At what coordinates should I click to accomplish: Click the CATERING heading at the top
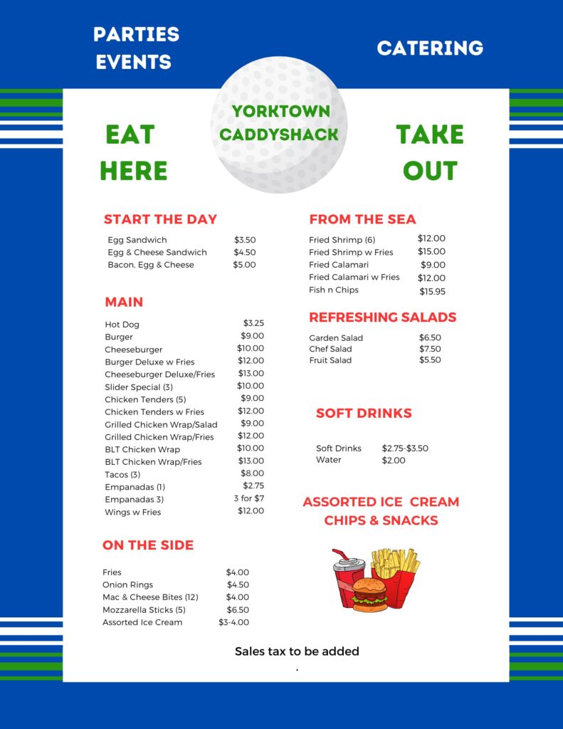[430, 48]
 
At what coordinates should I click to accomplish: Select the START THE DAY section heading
[160, 219]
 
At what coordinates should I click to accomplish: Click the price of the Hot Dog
[253, 323]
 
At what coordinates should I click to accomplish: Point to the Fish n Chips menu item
[334, 290]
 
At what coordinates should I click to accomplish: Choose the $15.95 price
[432, 291]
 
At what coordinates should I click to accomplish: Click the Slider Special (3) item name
[139, 387]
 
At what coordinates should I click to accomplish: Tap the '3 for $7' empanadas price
[249, 498]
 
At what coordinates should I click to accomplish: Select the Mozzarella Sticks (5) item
[144, 610]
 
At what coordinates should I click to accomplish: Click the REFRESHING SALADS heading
[382, 318]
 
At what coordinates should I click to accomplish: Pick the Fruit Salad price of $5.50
[430, 360]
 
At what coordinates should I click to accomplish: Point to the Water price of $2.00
[394, 461]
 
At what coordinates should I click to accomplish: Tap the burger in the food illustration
[370, 595]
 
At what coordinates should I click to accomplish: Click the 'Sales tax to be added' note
[297, 651]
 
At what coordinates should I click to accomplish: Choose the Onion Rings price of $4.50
[238, 585]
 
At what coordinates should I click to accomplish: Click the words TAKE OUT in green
[430, 152]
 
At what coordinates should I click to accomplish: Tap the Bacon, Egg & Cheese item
[151, 265]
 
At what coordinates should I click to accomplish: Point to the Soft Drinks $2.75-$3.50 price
[405, 449]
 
